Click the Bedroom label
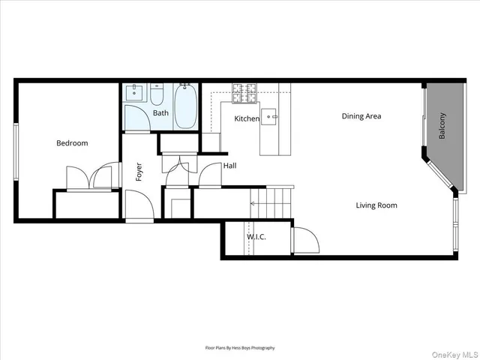pos(72,143)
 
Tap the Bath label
pos(160,113)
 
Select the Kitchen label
pos(247,119)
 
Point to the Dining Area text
pos(361,116)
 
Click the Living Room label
pos(376,205)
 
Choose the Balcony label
pos(442,126)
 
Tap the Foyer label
pos(139,172)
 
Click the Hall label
pos(229,166)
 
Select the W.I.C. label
pos(256,238)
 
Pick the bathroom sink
pos(134,93)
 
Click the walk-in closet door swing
pos(304,240)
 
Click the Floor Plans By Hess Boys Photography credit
pos(240,348)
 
